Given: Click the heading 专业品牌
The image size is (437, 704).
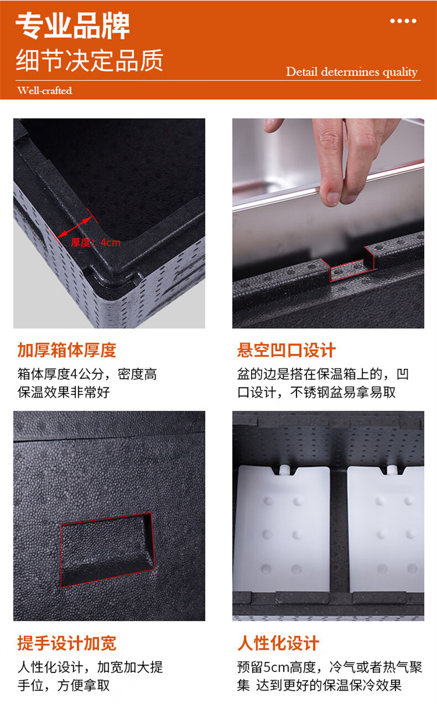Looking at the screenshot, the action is click(x=73, y=26).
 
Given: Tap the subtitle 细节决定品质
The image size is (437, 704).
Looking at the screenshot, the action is click(x=90, y=60).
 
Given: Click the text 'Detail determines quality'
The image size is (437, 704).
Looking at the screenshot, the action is click(x=351, y=72).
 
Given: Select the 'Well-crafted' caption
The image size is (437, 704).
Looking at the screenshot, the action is click(x=45, y=90).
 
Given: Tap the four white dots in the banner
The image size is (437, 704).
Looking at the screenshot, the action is click(x=403, y=21).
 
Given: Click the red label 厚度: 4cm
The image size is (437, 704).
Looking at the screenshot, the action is click(x=96, y=242).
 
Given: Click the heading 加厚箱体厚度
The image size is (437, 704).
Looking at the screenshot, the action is click(x=67, y=350).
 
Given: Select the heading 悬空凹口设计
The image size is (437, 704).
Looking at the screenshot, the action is click(x=287, y=350).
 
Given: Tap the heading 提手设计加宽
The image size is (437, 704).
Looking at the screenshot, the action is click(x=67, y=643).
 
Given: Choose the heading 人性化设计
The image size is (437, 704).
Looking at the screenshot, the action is click(x=278, y=643).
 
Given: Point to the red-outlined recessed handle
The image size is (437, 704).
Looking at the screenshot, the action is click(x=107, y=550).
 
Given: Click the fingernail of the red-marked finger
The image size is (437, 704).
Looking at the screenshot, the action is click(x=333, y=198).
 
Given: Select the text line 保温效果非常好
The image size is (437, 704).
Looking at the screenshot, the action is click(x=64, y=392).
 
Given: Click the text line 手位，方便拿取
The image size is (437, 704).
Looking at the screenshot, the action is click(x=64, y=685).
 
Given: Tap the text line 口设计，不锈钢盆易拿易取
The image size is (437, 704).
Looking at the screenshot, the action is click(x=316, y=392).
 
